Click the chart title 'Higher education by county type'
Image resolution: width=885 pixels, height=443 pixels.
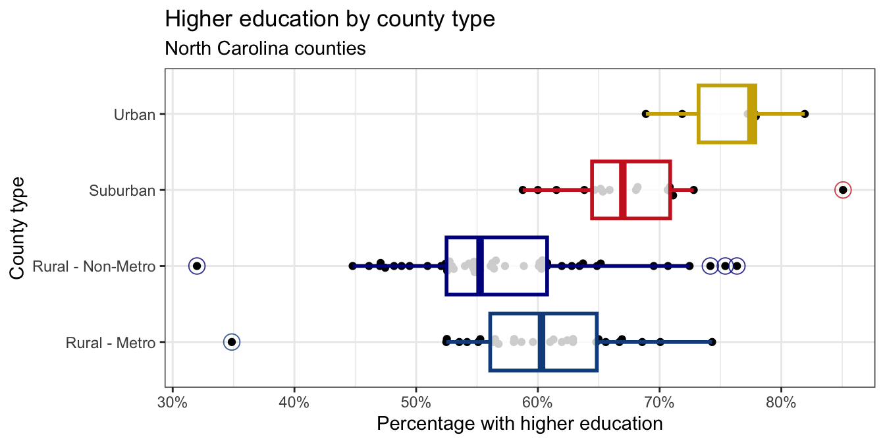(330, 19)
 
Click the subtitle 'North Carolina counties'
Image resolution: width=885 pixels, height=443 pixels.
(265, 49)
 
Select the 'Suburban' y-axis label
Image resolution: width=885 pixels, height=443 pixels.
(122, 191)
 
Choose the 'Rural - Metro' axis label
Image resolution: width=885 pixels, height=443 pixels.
(111, 343)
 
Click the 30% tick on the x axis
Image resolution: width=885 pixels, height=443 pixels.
(173, 401)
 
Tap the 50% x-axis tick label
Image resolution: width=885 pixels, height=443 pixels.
(416, 401)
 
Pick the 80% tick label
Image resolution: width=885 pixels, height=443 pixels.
(781, 401)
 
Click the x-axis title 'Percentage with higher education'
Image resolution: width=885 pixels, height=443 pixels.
(519, 423)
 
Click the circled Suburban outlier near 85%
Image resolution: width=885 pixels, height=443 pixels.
(842, 190)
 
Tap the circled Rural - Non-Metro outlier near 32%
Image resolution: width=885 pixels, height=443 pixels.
(196, 266)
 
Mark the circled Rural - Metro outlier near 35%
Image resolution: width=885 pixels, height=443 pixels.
(231, 342)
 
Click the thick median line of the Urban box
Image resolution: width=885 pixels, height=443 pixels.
(752, 114)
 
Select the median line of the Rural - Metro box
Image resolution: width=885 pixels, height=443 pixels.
(541, 342)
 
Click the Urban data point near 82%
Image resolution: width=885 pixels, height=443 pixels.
(805, 114)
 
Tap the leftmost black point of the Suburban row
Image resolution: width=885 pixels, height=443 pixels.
(523, 190)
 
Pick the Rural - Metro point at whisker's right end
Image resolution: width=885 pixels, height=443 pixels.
(712, 342)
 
